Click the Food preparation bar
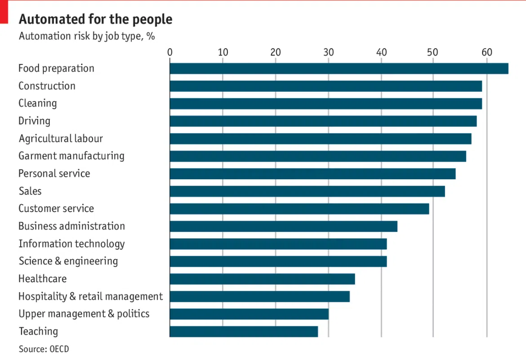click(339, 68)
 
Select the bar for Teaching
click(244, 332)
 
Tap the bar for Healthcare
click(262, 279)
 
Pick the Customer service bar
click(299, 209)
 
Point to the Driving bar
click(323, 121)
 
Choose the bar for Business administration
click(283, 227)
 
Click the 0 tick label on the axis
click(170, 52)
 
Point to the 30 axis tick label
click(329, 52)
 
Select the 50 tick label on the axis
click(433, 52)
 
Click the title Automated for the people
click(95, 19)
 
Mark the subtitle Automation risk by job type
click(87, 36)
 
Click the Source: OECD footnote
click(44, 349)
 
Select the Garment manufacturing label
click(71, 156)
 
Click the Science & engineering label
click(68, 261)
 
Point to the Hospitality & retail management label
click(90, 297)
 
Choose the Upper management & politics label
click(84, 314)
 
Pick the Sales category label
click(30, 191)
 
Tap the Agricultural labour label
click(61, 138)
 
